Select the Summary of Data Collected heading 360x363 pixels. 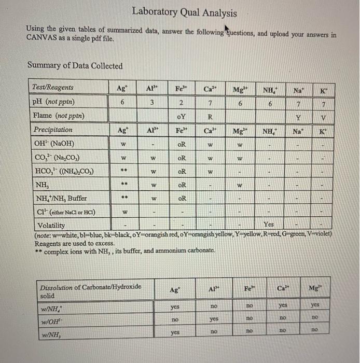click(75, 66)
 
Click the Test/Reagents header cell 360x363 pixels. click(53, 88)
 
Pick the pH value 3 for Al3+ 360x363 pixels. click(150, 102)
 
